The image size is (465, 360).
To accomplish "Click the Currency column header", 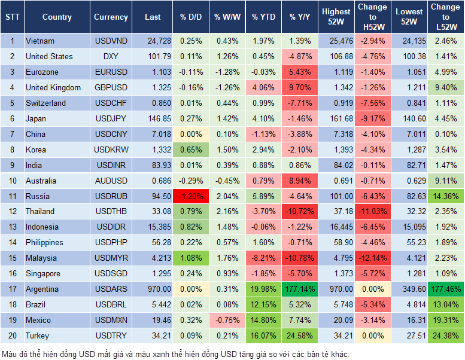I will (x=111, y=17).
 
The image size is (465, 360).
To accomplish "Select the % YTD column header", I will (x=264, y=17).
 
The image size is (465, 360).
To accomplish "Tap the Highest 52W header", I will (x=336, y=17).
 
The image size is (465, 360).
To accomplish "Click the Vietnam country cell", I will (x=40, y=41).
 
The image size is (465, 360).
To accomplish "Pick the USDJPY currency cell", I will (x=111, y=118).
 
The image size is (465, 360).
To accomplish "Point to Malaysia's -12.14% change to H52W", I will (x=372, y=258).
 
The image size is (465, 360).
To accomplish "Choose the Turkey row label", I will (x=37, y=335).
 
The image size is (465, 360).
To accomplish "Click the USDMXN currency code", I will (x=111, y=320).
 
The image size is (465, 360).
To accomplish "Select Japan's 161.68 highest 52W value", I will (x=336, y=118).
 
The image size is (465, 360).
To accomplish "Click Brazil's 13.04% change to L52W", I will (x=446, y=304).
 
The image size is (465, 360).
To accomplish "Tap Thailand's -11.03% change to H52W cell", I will (x=372, y=211).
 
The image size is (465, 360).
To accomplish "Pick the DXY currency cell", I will (x=111, y=56).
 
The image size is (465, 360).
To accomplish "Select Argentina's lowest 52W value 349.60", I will (x=409, y=289).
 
